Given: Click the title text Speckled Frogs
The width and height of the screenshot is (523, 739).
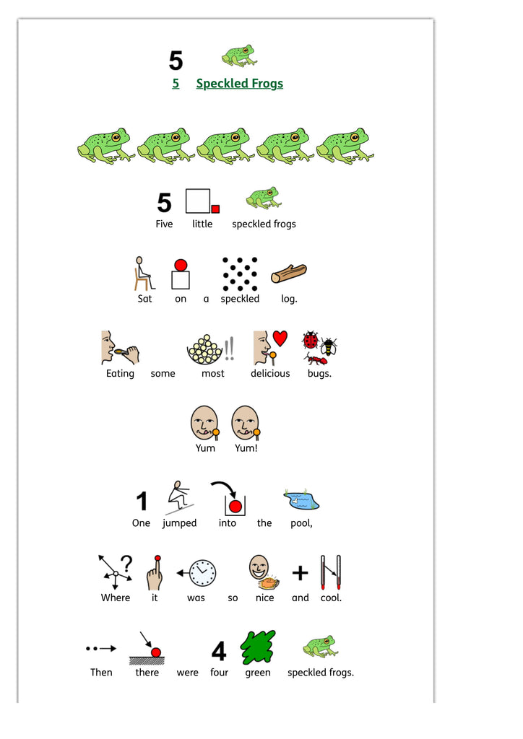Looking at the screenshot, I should coord(239,84).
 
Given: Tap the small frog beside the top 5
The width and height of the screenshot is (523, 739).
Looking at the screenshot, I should coord(238,56).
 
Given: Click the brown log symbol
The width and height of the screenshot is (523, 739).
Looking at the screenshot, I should coord(288,274).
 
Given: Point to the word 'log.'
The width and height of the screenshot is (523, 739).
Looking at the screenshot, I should coord(289,299).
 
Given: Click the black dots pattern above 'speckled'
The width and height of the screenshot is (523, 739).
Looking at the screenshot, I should coord(240,274).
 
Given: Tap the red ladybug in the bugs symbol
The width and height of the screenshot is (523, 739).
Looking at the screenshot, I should coord(311,340).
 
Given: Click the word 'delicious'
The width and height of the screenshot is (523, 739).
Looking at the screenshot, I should coord(270,374).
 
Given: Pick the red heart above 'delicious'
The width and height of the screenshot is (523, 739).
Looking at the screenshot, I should coord(280,338).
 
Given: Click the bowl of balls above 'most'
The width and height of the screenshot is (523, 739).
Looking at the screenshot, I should coord(205,349).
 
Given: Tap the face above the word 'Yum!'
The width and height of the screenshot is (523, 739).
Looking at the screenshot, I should coord(246,423).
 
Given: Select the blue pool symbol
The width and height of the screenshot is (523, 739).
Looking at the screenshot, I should coord(301,497).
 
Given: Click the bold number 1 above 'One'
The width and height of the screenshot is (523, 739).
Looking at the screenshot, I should coord(142,501).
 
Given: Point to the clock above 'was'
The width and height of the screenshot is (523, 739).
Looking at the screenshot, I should coord(202,573).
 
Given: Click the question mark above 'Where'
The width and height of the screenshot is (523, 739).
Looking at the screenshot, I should coord(126,562).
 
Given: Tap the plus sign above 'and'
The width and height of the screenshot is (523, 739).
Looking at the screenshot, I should coord(300,573).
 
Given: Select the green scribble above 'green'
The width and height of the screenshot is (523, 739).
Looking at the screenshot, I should coord(257,647).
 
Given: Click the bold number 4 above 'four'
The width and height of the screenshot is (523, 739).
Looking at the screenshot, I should coord(219,651).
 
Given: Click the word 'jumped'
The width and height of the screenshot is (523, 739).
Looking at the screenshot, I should coord(179,523).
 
